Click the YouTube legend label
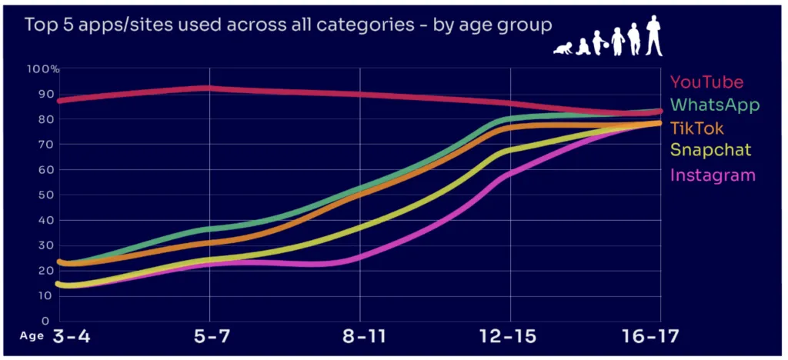(x=706, y=82)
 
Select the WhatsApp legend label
(x=715, y=105)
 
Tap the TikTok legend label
(x=697, y=128)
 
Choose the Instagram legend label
(x=713, y=175)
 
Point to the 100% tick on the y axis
(x=43, y=69)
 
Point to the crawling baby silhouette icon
(x=563, y=48)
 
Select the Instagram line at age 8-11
(x=360, y=255)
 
